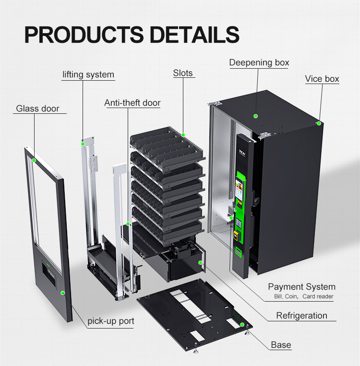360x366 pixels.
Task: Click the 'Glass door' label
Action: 37,109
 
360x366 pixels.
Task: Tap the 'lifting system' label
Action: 88,74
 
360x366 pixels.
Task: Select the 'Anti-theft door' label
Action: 132,103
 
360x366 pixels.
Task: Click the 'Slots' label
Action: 183,73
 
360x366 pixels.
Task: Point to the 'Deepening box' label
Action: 259,62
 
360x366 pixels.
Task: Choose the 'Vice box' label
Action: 322,79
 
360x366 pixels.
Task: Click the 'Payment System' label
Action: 301,287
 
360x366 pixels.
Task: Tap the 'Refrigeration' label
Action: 301,316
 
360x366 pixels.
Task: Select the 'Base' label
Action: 281,345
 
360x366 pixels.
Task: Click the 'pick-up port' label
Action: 110,321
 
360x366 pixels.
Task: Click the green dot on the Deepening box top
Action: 256,116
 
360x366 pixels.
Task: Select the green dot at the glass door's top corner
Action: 34,160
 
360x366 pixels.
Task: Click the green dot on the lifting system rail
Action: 83,143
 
